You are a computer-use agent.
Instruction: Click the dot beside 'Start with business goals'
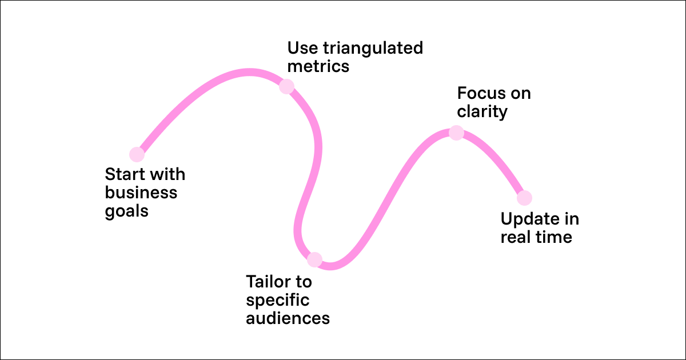(x=137, y=154)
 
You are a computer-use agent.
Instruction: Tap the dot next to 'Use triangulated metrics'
(x=286, y=87)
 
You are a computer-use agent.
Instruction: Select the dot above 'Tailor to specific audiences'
(x=314, y=260)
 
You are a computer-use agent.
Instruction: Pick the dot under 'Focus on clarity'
(x=456, y=133)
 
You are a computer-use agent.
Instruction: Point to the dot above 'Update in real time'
(x=524, y=198)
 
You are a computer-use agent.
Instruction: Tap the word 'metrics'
(x=318, y=66)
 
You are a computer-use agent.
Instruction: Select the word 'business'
(x=141, y=193)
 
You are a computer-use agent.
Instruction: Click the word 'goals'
(x=127, y=211)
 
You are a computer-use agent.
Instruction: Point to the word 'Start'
(x=122, y=174)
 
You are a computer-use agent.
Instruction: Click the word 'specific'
(x=277, y=300)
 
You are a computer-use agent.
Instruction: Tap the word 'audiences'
(x=288, y=318)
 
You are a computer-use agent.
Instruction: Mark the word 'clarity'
(x=482, y=111)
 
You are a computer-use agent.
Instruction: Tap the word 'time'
(x=552, y=237)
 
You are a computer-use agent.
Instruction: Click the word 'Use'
(x=301, y=48)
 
